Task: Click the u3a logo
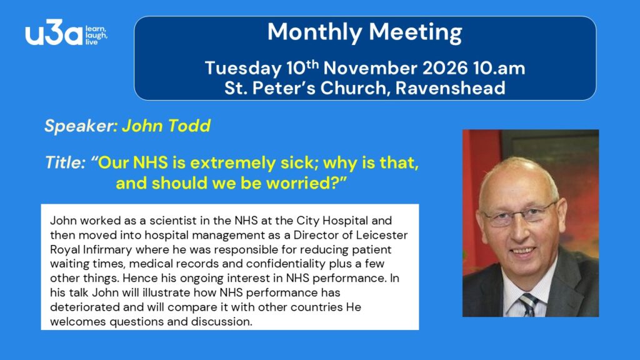coord(66,32)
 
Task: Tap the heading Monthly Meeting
coord(365,32)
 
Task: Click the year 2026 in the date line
coord(445,68)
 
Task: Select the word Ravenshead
coord(450,88)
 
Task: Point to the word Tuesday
coord(243,69)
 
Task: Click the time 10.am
coord(499,68)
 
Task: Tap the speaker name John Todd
coord(166,126)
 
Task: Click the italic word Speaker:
coord(81,126)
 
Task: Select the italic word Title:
coord(65,162)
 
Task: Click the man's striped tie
coord(529,305)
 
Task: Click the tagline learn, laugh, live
coord(96,36)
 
